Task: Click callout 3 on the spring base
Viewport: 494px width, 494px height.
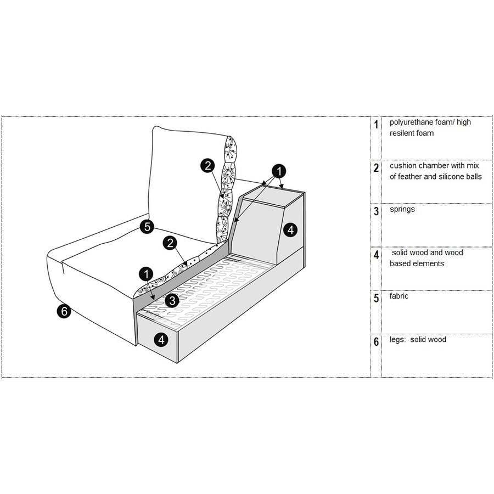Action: point(172,300)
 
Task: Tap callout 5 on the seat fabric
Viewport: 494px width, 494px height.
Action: point(147,227)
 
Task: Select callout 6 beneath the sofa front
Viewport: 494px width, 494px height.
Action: point(64,311)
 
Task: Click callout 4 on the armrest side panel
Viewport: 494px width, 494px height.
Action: point(290,230)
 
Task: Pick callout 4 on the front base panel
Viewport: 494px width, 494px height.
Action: point(161,340)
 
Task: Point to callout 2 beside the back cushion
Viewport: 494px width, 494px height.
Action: point(207,166)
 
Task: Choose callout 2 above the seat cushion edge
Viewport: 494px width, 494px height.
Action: point(170,243)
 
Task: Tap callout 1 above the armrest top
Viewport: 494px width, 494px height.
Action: point(279,171)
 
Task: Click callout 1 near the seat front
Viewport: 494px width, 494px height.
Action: point(146,274)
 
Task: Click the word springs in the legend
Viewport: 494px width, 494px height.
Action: point(402,210)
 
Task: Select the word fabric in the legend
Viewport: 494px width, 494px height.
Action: point(398,296)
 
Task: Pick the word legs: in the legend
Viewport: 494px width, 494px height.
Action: point(397,340)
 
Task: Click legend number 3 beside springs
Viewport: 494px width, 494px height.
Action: point(376,211)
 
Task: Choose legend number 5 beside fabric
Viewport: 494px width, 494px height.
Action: point(376,298)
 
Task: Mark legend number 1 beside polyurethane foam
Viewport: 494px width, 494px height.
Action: point(376,125)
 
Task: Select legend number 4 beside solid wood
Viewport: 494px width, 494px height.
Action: point(376,255)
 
